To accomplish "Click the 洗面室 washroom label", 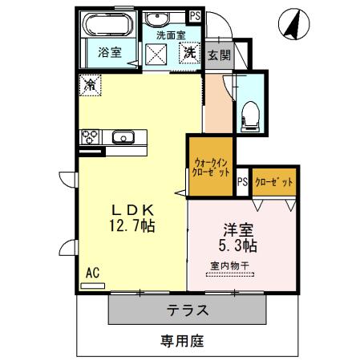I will (x=170, y=35).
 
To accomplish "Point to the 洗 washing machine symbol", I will (x=188, y=54).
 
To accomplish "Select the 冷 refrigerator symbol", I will (x=91, y=84).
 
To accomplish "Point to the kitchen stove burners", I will (x=90, y=136).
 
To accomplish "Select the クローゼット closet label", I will (x=274, y=182).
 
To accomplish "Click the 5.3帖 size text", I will (x=238, y=243).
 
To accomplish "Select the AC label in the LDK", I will (x=92, y=273).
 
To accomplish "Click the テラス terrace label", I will (x=188, y=310).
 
